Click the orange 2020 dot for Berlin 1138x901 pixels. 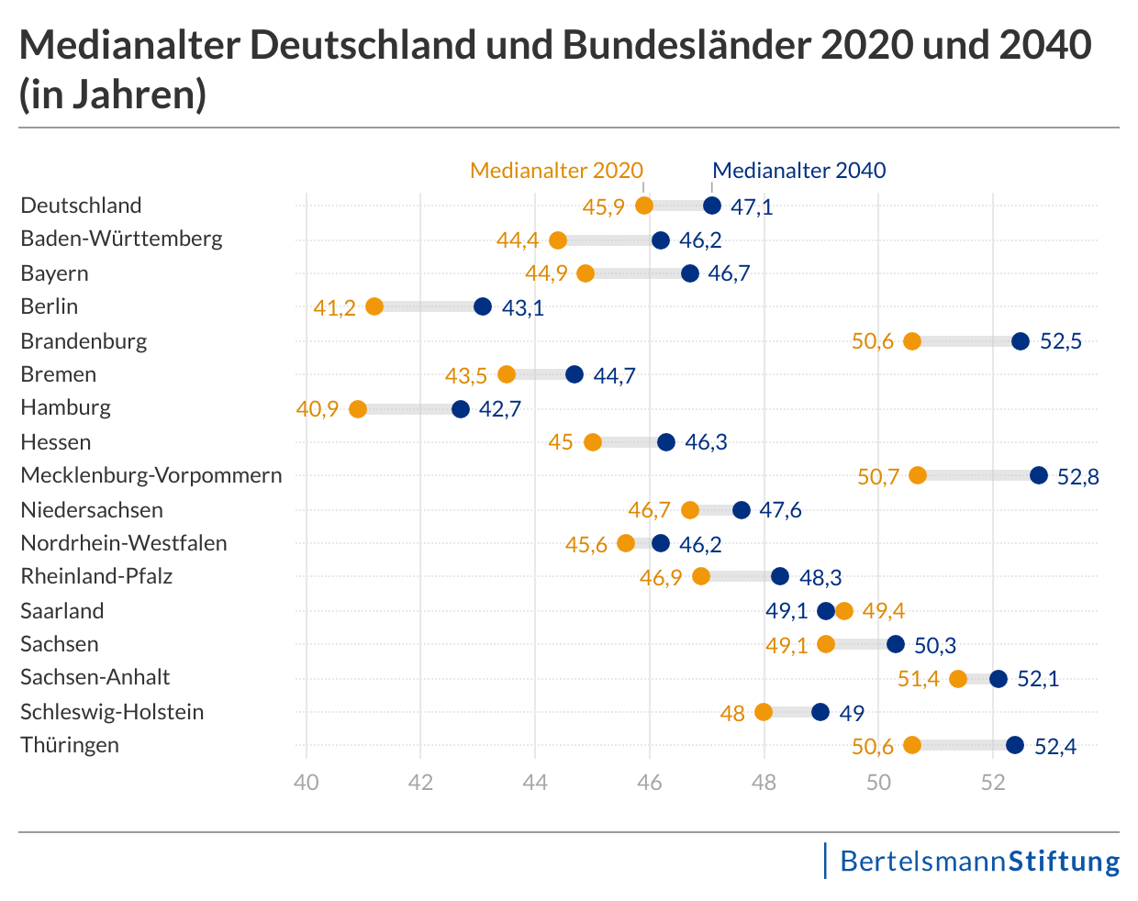pos(374,306)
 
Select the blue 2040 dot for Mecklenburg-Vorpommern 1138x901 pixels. pos(1038,475)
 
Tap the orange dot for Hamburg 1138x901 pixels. pos(358,409)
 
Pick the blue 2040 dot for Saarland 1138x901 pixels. pos(826,611)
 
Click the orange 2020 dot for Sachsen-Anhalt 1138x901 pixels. pos(958,679)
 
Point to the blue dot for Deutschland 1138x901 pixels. pos(712,206)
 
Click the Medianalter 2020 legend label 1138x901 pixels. pos(556,171)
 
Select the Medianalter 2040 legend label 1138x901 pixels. pos(798,171)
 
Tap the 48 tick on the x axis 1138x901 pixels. pos(764,783)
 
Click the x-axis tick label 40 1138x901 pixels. pos(306,783)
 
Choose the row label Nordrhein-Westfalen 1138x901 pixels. pos(124,543)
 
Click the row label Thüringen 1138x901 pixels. pos(70,745)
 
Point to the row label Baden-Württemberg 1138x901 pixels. pos(121,239)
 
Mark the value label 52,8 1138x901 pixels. pos(1078,477)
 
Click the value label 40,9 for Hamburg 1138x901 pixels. pos(318,409)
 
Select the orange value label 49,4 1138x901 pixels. pos(884,611)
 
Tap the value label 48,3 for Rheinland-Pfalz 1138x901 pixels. pos(820,578)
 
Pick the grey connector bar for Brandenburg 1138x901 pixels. pos(965,341)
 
